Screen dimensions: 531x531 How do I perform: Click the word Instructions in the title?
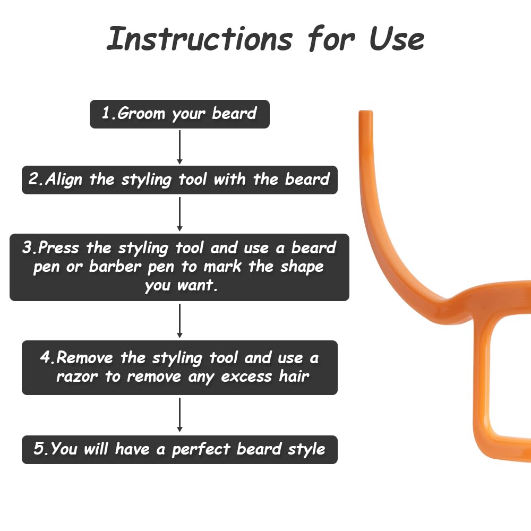[200, 39]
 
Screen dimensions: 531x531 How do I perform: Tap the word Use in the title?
[397, 39]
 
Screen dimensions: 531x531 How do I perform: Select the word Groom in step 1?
[141, 114]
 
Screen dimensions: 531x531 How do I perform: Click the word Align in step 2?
[64, 179]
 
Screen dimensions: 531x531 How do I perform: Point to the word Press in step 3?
[58, 247]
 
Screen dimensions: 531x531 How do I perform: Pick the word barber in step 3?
[115, 267]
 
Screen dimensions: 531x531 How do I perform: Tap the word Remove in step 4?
[84, 357]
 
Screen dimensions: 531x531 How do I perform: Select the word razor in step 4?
[77, 376]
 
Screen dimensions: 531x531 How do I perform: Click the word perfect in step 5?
[201, 450]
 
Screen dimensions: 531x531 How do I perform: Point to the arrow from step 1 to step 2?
[179, 147]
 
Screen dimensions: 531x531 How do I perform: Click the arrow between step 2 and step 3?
[179, 215]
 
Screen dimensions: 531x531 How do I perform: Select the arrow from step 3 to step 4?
[179, 321]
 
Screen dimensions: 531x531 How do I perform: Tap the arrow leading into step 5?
[179, 415]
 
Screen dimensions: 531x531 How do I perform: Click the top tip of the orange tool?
[366, 111]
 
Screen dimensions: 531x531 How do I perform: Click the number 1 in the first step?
[106, 113]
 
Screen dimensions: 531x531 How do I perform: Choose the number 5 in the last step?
[39, 448]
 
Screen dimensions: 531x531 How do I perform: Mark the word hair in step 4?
[294, 376]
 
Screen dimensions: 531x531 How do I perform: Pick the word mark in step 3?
[222, 267]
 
